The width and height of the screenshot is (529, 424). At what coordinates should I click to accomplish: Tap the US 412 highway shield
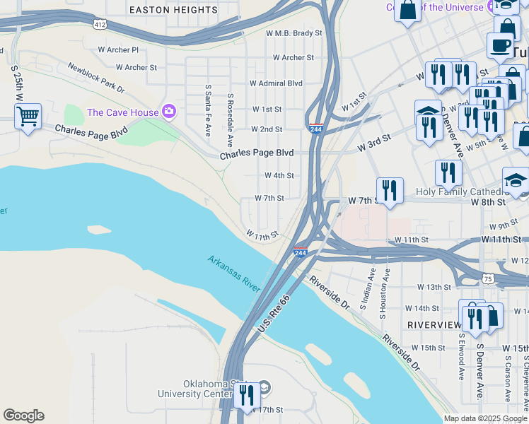100,24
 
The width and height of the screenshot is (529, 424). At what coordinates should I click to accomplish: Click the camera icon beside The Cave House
168,111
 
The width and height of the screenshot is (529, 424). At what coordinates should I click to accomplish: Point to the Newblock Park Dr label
96,78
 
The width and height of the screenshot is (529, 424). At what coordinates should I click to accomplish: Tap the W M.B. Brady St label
293,33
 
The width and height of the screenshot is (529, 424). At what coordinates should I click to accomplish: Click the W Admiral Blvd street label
275,83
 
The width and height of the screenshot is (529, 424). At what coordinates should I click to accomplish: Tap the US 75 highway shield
488,279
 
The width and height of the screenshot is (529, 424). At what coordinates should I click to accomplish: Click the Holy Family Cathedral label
461,192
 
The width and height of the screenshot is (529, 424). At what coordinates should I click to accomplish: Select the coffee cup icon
500,45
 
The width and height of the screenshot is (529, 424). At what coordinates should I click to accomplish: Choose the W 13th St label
434,287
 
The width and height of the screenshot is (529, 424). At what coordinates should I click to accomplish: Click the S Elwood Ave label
460,357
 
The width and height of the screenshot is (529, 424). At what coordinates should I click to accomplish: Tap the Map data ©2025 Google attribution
484,418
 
